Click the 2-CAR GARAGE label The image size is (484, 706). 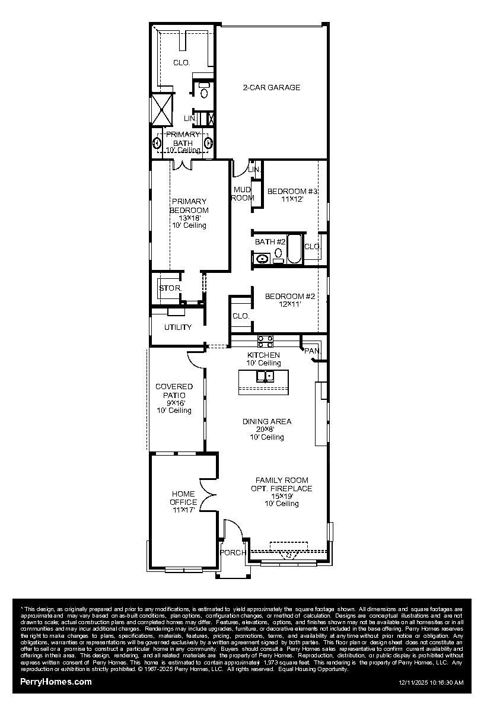pos(271,87)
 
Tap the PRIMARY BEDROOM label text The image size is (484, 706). pos(189,206)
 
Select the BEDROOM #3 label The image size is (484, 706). pos(292,192)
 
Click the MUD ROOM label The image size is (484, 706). pos(242,193)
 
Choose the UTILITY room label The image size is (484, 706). pos(177,327)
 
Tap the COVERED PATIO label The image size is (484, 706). pos(174,391)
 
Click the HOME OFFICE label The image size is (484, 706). pos(184,498)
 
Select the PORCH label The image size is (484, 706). pos(233,553)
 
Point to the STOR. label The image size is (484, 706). pos(170,288)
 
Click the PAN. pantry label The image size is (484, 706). pos(312,351)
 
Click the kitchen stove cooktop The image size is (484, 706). pos(265,341)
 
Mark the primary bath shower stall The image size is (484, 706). pos(161,110)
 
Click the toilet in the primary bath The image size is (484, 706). pos(204,93)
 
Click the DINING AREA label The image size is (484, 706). pos(266,422)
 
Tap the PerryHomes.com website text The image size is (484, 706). pos(56,682)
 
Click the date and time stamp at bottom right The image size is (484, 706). pos(431,683)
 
